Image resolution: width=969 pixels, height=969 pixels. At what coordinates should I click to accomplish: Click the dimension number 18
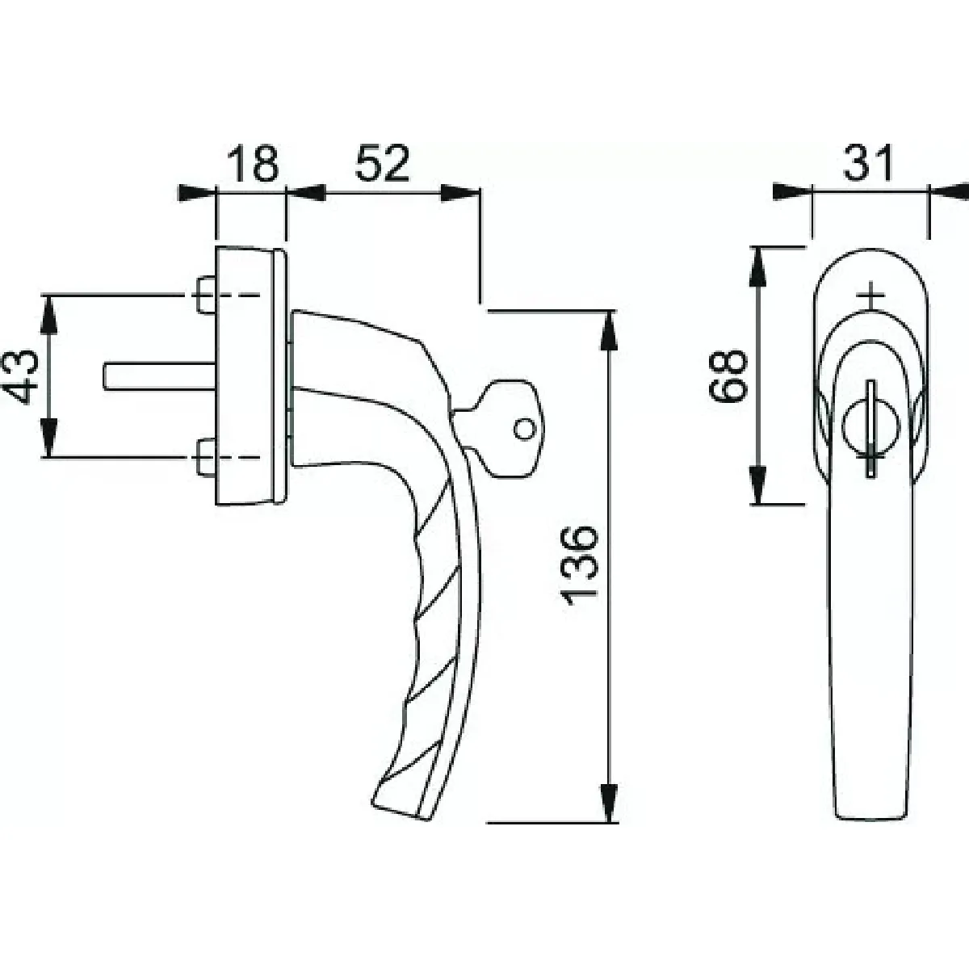(x=253, y=164)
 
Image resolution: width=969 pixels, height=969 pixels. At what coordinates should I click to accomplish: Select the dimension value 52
(x=382, y=164)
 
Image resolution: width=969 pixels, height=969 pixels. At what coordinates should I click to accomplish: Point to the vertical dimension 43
(x=20, y=376)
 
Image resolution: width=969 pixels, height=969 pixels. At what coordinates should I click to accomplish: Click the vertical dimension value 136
(x=578, y=566)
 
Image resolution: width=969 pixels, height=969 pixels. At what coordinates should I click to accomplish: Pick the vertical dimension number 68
(x=728, y=375)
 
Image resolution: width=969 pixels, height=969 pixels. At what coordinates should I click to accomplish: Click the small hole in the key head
(x=525, y=429)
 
